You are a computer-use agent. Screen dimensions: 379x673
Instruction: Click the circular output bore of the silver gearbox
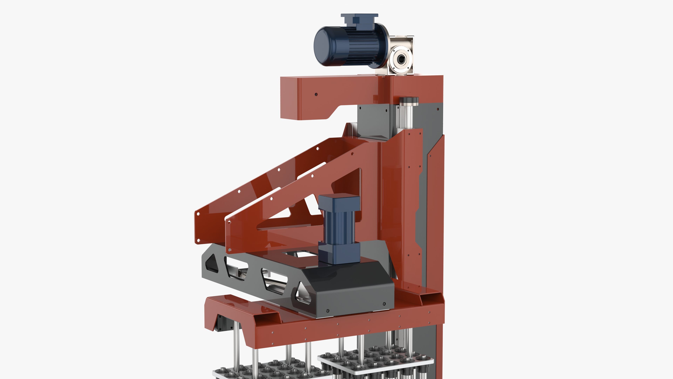(x=400, y=59)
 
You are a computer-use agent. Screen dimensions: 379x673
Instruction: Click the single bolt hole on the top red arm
(x=316, y=94)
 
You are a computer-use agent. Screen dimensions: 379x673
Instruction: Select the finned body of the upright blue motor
(x=339, y=225)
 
